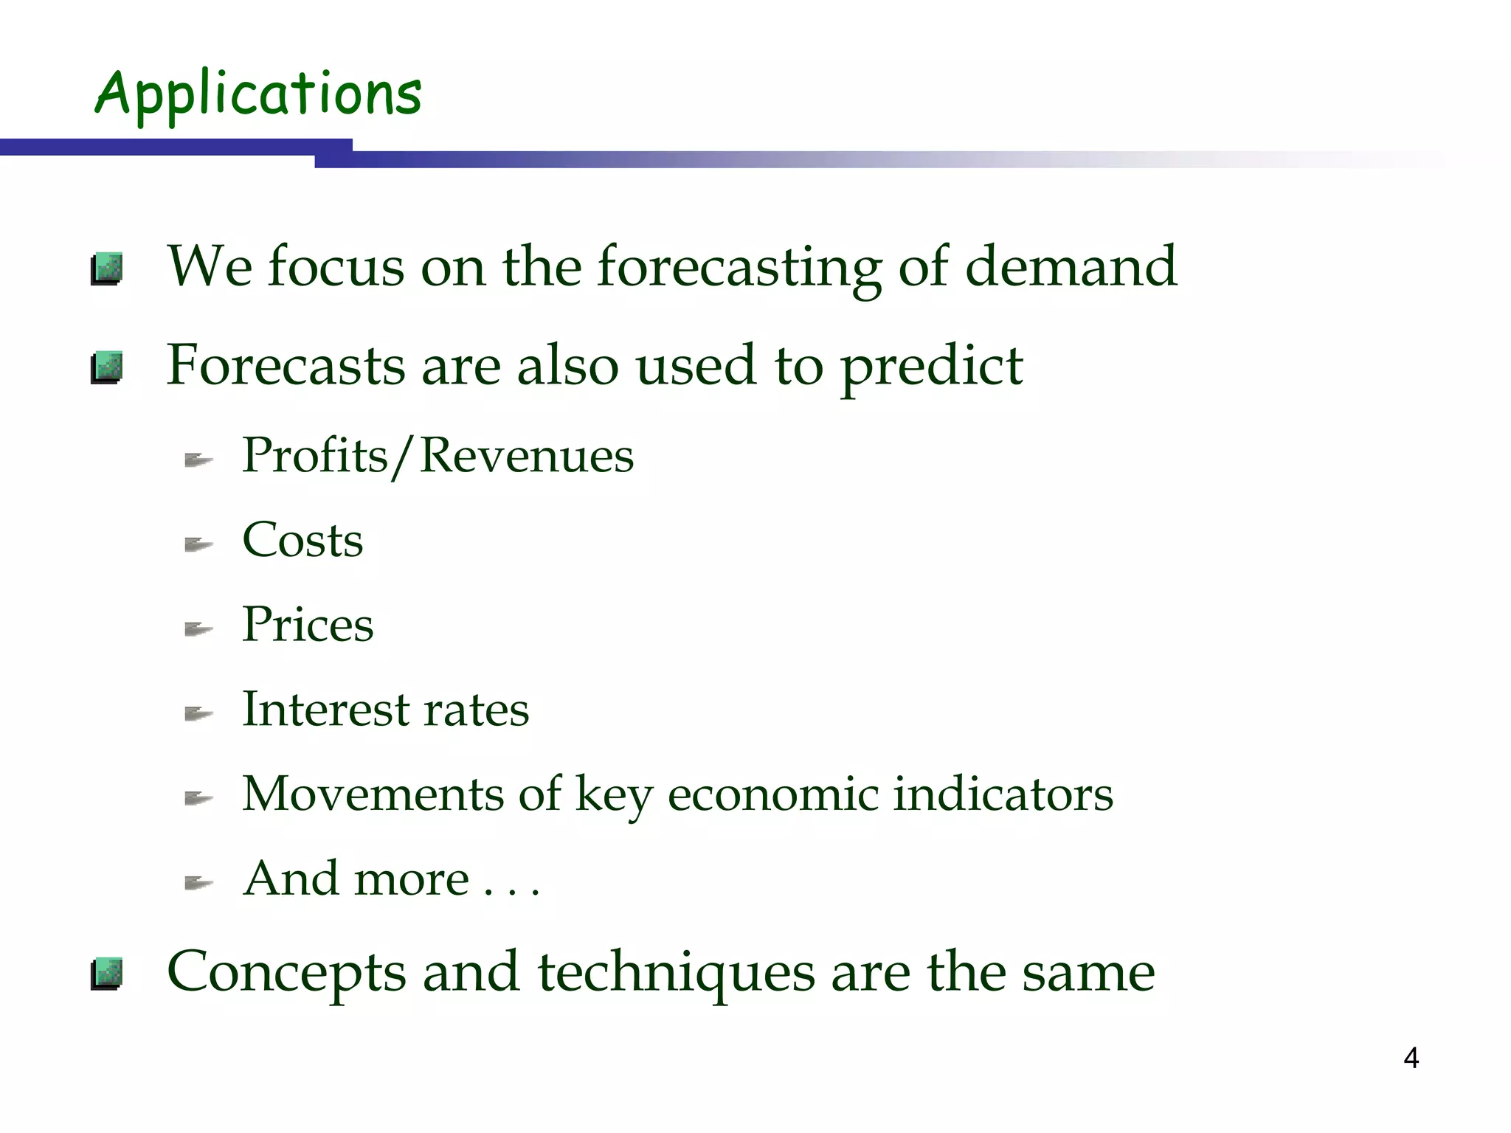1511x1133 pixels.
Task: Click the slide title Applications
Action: point(258,94)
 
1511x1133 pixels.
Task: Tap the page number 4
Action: point(1411,1058)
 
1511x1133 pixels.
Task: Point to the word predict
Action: point(931,367)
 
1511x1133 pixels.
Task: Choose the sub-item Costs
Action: point(302,540)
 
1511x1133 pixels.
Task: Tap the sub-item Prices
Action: point(308,625)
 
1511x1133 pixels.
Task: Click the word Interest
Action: point(325,710)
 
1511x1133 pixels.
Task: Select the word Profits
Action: point(315,455)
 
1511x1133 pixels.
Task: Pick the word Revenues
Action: point(527,455)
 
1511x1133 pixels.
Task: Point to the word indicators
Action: point(1003,794)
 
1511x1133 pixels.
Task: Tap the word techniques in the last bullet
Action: point(676,972)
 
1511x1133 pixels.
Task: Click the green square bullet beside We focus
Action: point(107,269)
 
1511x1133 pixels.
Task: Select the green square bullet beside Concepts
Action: point(107,974)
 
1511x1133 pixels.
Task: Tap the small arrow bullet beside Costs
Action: point(198,545)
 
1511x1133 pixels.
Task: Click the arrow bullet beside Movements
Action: point(198,799)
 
